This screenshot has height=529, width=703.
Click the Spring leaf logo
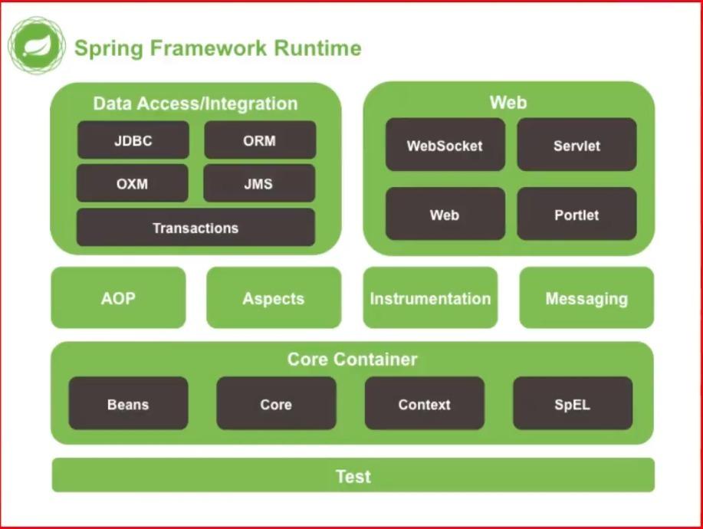click(37, 45)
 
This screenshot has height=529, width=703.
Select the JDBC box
click(133, 140)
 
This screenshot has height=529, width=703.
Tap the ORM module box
click(260, 140)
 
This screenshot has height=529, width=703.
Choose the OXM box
click(133, 183)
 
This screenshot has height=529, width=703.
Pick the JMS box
click(259, 183)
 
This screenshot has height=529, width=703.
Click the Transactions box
click(195, 227)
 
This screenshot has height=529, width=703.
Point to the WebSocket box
click(445, 144)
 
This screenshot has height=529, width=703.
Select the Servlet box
click(577, 144)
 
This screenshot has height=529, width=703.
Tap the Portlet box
click(577, 214)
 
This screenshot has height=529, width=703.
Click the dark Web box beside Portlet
click(445, 214)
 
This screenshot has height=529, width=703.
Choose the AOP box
click(118, 297)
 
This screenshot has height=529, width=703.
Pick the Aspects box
click(274, 297)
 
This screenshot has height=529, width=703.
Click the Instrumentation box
click(430, 297)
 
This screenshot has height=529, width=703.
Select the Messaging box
click(586, 297)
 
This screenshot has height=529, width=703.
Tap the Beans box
click(128, 403)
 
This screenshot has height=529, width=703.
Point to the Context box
click(425, 403)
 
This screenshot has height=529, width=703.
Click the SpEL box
click(573, 403)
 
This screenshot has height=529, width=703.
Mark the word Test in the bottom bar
click(353, 476)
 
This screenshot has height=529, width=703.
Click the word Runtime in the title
click(317, 48)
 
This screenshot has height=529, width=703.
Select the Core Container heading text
click(353, 359)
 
